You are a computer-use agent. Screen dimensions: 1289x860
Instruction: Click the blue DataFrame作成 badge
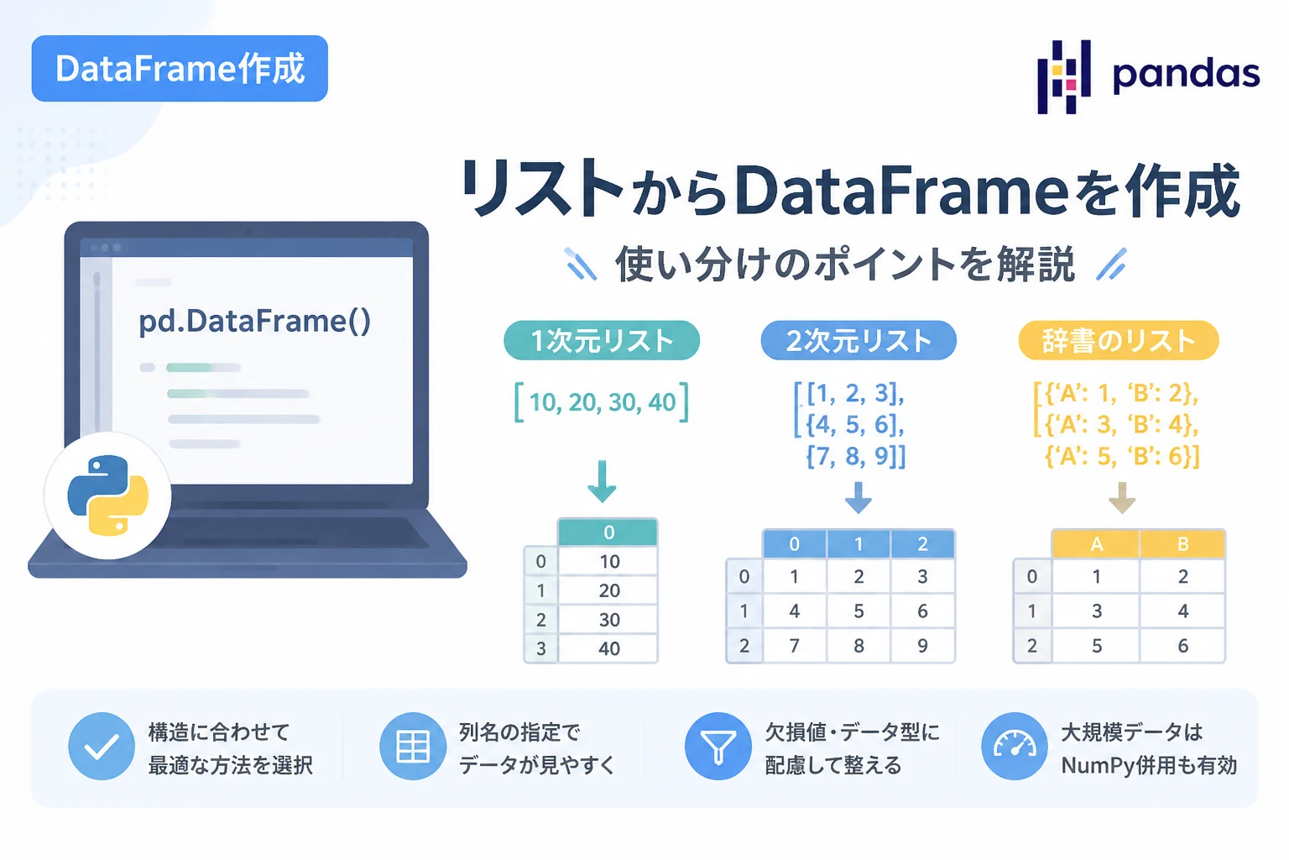(x=180, y=69)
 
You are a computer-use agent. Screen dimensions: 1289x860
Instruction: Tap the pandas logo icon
(x=1063, y=76)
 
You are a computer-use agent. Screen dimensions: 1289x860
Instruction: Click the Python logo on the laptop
(x=108, y=496)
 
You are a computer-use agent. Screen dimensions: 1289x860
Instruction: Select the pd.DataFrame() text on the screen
(x=255, y=321)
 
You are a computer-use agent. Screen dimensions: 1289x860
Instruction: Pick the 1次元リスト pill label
(x=602, y=340)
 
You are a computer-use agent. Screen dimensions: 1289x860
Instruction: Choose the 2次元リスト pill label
(x=858, y=340)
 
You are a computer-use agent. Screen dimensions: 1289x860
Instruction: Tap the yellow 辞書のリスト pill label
(x=1119, y=340)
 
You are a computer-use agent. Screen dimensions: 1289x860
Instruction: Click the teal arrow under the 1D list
(x=602, y=481)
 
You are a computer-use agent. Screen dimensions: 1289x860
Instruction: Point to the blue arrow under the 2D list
(x=858, y=497)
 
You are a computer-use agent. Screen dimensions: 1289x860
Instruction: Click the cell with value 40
(x=608, y=648)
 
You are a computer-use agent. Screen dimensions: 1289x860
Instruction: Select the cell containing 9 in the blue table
(x=922, y=645)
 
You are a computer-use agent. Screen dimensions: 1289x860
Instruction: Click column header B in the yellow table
(x=1182, y=543)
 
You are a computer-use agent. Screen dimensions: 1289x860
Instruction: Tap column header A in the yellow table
(x=1096, y=543)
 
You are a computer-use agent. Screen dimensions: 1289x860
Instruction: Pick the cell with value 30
(x=608, y=619)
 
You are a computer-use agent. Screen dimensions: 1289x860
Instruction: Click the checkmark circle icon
(x=102, y=746)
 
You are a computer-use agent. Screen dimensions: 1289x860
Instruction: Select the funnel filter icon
(x=718, y=746)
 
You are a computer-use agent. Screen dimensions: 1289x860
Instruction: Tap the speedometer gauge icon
(x=1014, y=746)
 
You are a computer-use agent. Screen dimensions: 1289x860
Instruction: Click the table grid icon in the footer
(x=413, y=746)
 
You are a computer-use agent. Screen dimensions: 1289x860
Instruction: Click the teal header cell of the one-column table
(x=608, y=532)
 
